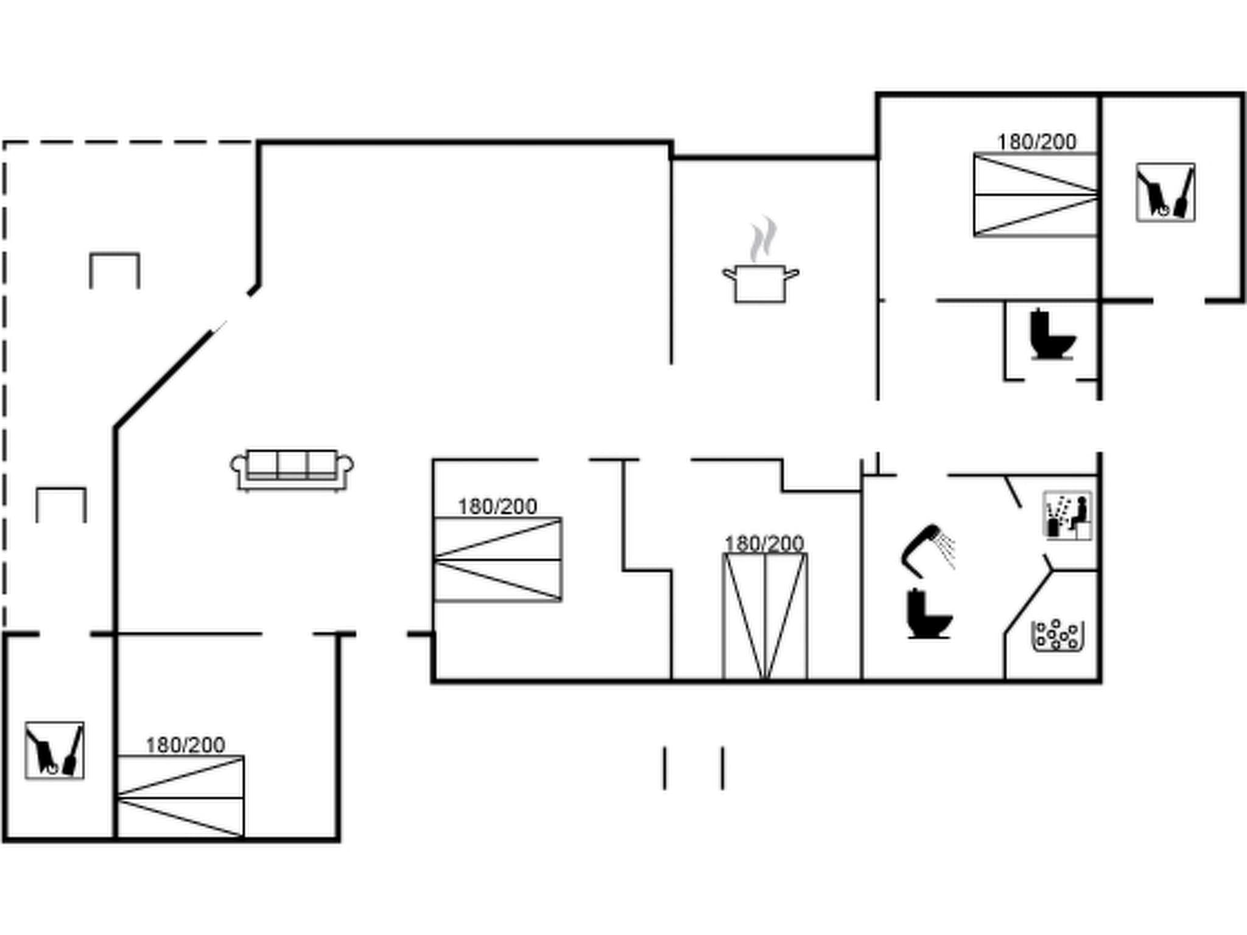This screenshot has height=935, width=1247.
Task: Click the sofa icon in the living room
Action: coord(292,469)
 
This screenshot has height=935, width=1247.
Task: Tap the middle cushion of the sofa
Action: coord(292,464)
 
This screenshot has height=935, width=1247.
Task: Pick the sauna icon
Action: coord(1067,516)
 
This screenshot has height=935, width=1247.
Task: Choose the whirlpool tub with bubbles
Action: coord(1058,636)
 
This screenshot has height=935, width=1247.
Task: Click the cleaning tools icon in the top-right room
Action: coord(1165,192)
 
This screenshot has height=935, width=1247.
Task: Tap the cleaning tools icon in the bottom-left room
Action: coord(54,750)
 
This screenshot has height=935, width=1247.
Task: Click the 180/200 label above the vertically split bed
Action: coord(764,543)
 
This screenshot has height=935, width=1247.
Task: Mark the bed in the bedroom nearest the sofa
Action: coord(497,559)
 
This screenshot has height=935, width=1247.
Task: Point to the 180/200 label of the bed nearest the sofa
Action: coord(497,506)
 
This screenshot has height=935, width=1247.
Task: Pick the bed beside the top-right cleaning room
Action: coord(1034,195)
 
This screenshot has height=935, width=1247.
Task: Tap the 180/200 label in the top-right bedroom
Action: coord(1036,142)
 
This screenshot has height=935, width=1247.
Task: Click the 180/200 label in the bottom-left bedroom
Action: coord(185,745)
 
